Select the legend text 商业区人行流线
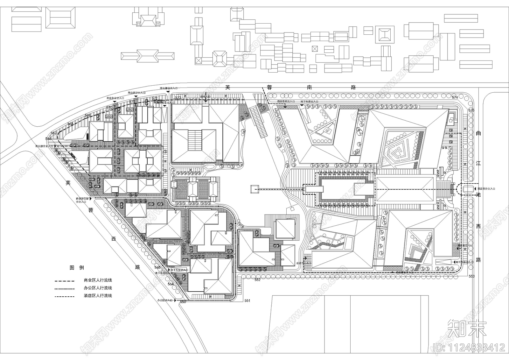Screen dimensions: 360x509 point(98,280)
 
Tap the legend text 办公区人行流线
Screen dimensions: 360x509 point(98,288)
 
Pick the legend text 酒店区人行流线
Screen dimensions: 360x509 point(98,296)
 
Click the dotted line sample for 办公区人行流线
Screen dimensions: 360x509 point(65,288)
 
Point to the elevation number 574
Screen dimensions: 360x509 point(455,97)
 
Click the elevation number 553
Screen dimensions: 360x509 point(471,276)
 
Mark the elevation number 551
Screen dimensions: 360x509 point(248,300)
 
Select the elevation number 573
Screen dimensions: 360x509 point(178,97)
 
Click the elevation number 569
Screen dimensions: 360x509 point(88,115)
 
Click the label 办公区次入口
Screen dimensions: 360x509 point(164,300)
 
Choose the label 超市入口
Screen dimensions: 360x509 point(205,96)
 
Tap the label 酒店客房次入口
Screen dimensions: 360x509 point(286,101)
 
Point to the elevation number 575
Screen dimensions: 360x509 point(471,110)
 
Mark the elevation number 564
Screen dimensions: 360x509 point(171,284)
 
